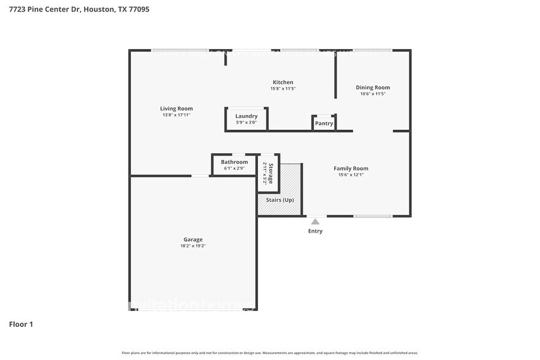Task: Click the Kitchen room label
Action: (x=283, y=82)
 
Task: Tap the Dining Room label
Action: (x=373, y=88)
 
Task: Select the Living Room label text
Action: (x=176, y=108)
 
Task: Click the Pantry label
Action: (x=324, y=123)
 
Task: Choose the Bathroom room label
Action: (x=234, y=162)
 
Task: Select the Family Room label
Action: (x=351, y=168)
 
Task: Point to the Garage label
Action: (x=193, y=239)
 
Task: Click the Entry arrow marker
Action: (x=315, y=221)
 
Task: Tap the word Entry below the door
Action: (x=315, y=231)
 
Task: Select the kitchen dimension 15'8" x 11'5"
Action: (x=283, y=89)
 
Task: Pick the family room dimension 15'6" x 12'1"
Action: (x=351, y=175)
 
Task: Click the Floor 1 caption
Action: (x=21, y=324)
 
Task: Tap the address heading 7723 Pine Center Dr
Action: (x=79, y=9)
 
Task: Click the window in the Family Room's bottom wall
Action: (x=373, y=216)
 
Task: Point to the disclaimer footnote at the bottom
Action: (x=270, y=353)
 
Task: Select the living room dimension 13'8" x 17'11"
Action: (x=176, y=115)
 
